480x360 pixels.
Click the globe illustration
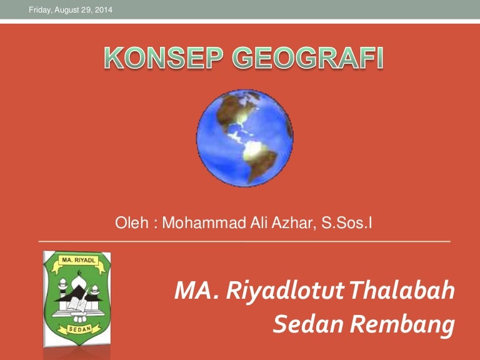tap(244, 138)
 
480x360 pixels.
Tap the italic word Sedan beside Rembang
tap(299, 324)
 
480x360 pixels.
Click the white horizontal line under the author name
tap(244, 241)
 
